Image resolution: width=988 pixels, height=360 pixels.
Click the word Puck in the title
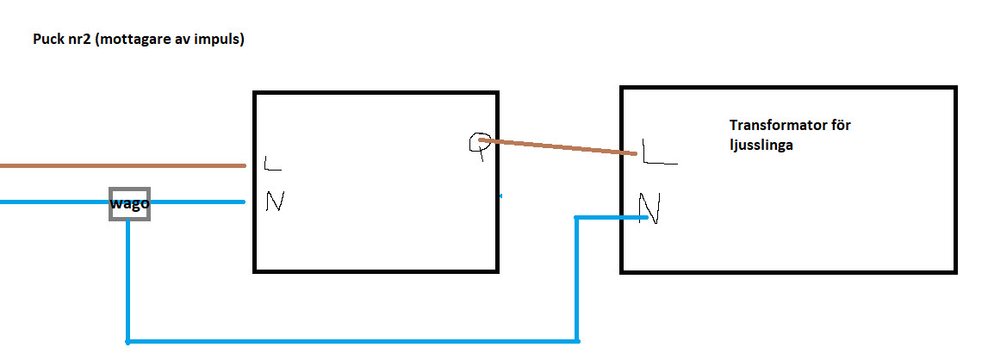pyautogui.click(x=47, y=40)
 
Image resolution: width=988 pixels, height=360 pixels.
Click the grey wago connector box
pyautogui.click(x=129, y=203)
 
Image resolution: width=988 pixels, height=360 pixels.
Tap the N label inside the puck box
pyautogui.click(x=275, y=202)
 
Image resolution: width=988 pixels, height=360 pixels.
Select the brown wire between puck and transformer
pyautogui.click(x=560, y=147)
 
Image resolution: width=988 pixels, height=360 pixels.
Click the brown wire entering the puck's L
pyautogui.click(x=121, y=164)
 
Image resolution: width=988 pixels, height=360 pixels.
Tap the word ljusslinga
pyautogui.click(x=761, y=146)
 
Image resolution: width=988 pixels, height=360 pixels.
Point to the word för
pyautogui.click(x=842, y=126)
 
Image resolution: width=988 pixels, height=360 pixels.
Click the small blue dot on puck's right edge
pyautogui.click(x=501, y=196)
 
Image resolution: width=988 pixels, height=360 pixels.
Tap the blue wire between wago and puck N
pyautogui.click(x=198, y=202)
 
